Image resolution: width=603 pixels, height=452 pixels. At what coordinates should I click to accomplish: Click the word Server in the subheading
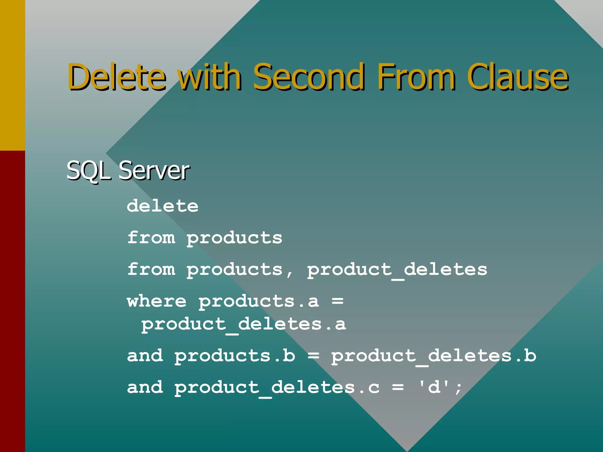tap(154, 171)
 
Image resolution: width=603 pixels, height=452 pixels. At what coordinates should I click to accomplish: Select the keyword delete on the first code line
tap(163, 206)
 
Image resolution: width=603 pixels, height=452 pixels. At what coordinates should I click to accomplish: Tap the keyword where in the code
tap(157, 301)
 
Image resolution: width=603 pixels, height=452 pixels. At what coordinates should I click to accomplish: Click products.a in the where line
tap(259, 301)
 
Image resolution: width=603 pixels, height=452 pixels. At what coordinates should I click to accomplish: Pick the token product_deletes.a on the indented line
tap(243, 324)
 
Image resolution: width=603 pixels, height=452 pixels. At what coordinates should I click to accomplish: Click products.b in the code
tap(235, 356)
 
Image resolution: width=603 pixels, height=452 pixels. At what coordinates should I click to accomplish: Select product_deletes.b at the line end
tap(433, 356)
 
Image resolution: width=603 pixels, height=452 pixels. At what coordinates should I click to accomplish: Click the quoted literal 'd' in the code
tap(434, 387)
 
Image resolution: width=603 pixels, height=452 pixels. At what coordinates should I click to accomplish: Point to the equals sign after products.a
tap(337, 301)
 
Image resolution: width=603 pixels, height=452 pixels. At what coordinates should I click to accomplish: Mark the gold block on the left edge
tap(12, 75)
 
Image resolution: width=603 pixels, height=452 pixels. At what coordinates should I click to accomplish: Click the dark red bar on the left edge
tap(12, 300)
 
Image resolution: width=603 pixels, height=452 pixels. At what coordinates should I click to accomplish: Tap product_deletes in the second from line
tap(397, 270)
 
